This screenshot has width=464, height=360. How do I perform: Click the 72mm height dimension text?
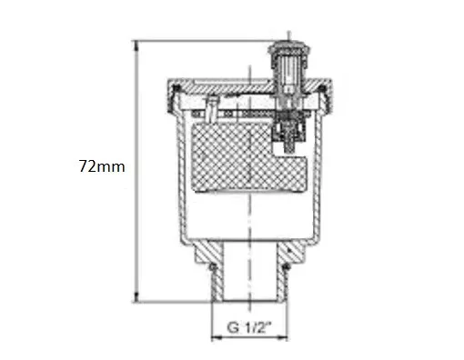[x=102, y=166]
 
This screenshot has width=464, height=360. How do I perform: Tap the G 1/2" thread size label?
[x=249, y=327]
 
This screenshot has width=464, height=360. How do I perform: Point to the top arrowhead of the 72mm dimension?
[x=136, y=45]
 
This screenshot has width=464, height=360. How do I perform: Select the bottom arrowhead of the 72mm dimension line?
[x=136, y=297]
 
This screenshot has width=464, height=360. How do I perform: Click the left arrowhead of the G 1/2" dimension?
[x=217, y=337]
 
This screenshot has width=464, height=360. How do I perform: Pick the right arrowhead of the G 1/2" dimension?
[x=282, y=337]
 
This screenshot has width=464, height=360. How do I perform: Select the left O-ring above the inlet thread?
[x=213, y=267]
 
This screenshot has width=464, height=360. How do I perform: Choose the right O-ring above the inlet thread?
[x=286, y=267]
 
